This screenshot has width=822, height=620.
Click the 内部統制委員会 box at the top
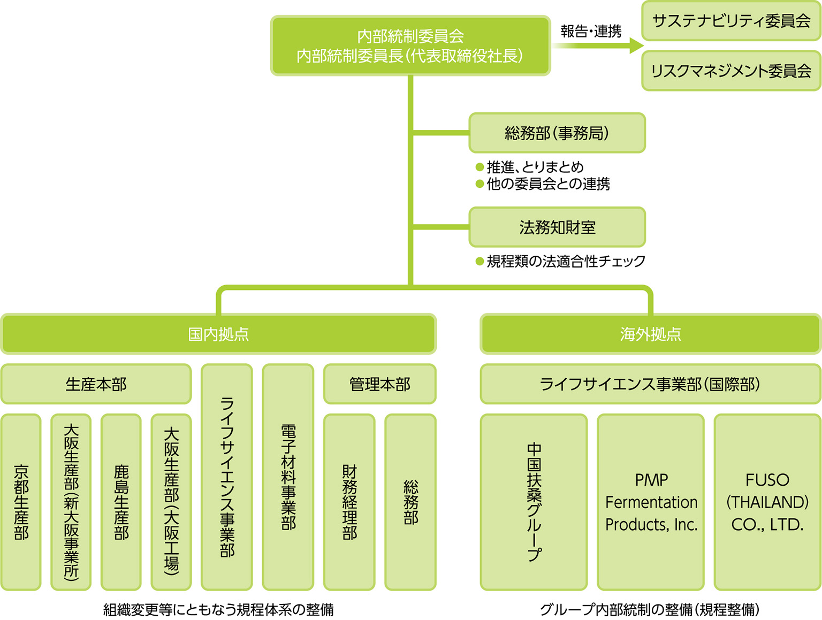pyautogui.click(x=410, y=45)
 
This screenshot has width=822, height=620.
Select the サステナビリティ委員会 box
pyautogui.click(x=731, y=21)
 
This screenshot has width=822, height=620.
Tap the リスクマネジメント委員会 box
pyautogui.click(x=731, y=71)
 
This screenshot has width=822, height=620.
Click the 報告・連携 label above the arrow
pyautogui.click(x=591, y=32)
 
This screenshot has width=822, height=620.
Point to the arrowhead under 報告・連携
pyautogui.click(x=636, y=45)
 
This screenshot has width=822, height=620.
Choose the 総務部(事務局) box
pyautogui.click(x=557, y=133)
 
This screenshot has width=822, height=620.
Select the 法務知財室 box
pyautogui.click(x=557, y=227)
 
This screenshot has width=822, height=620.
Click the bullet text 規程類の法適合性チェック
pyautogui.click(x=566, y=261)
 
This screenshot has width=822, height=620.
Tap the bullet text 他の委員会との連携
pyautogui.click(x=548, y=184)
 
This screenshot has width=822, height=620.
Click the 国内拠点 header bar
pyautogui.click(x=218, y=334)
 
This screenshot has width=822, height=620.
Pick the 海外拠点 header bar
pyautogui.click(x=650, y=334)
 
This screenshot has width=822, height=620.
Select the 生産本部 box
pyautogui.click(x=96, y=384)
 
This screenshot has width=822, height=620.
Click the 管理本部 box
pyautogui.click(x=379, y=384)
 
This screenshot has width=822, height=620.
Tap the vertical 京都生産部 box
pyautogui.click(x=21, y=502)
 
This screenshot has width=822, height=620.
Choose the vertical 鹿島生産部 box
pyautogui.click(x=121, y=502)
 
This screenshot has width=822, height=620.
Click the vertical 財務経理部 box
pyautogui.click(x=349, y=502)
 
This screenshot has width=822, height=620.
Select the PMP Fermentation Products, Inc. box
pyautogui.click(x=651, y=502)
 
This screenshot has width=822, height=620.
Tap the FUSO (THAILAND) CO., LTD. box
pyautogui.click(x=767, y=502)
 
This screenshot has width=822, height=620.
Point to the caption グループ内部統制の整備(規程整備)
pyautogui.click(x=650, y=609)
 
